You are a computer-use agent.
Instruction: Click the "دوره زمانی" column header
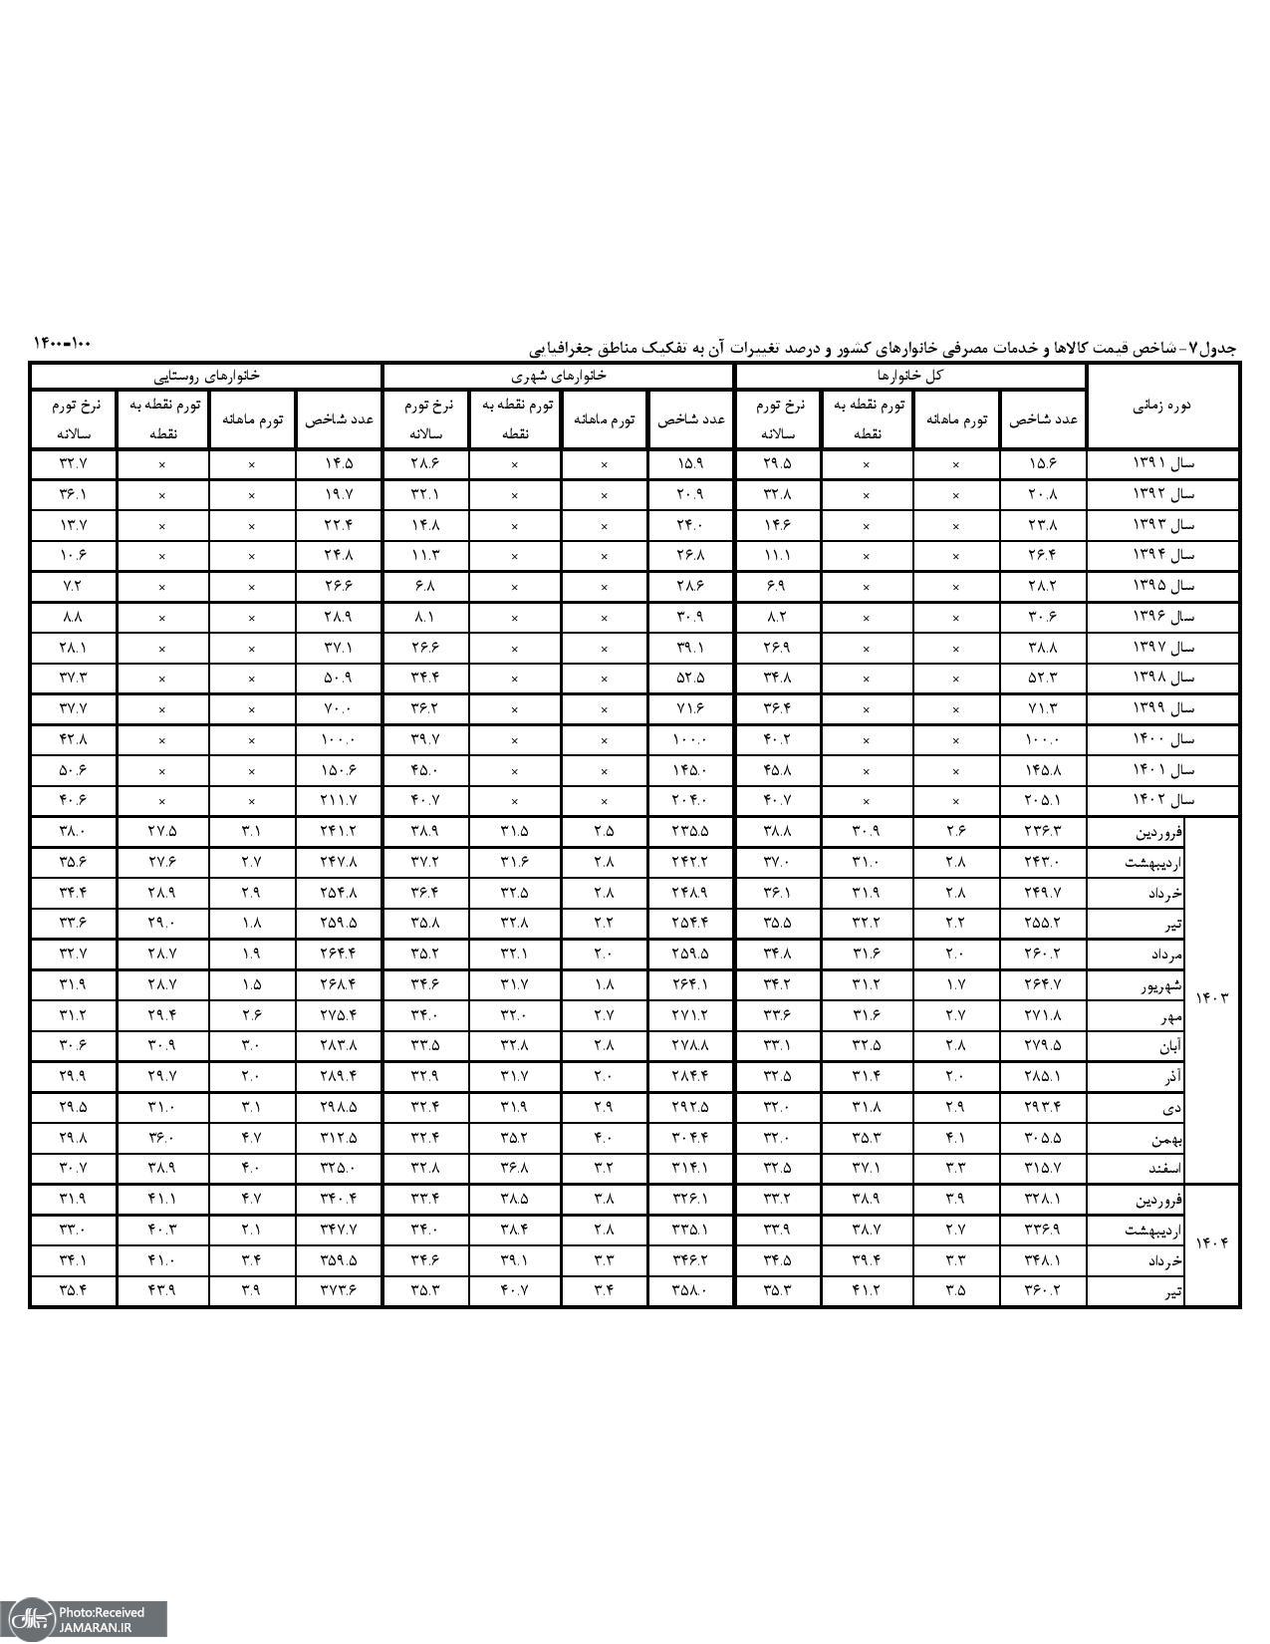tap(1162, 406)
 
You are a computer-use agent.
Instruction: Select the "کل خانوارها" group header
tap(909, 376)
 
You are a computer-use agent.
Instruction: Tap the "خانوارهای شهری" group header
tap(559, 376)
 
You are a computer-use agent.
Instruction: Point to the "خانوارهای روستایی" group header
tap(207, 376)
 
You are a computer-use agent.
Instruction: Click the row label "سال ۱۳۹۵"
tap(1162, 586)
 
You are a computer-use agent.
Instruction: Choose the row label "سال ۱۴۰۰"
tap(1162, 739)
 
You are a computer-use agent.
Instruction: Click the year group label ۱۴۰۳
tap(1212, 998)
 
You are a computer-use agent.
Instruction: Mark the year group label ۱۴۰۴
tap(1212, 1243)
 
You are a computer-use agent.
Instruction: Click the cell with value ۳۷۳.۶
tap(339, 1291)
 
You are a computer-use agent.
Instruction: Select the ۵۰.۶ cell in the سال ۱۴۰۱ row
tap(74, 770)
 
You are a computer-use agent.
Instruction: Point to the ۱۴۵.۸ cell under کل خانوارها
tap(1043, 770)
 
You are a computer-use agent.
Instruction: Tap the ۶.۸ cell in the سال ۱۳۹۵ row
tap(425, 586)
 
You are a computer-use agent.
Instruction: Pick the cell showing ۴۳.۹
tap(162, 1291)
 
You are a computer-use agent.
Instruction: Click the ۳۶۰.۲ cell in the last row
tap(1043, 1291)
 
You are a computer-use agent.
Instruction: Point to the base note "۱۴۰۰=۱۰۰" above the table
tap(62, 343)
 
